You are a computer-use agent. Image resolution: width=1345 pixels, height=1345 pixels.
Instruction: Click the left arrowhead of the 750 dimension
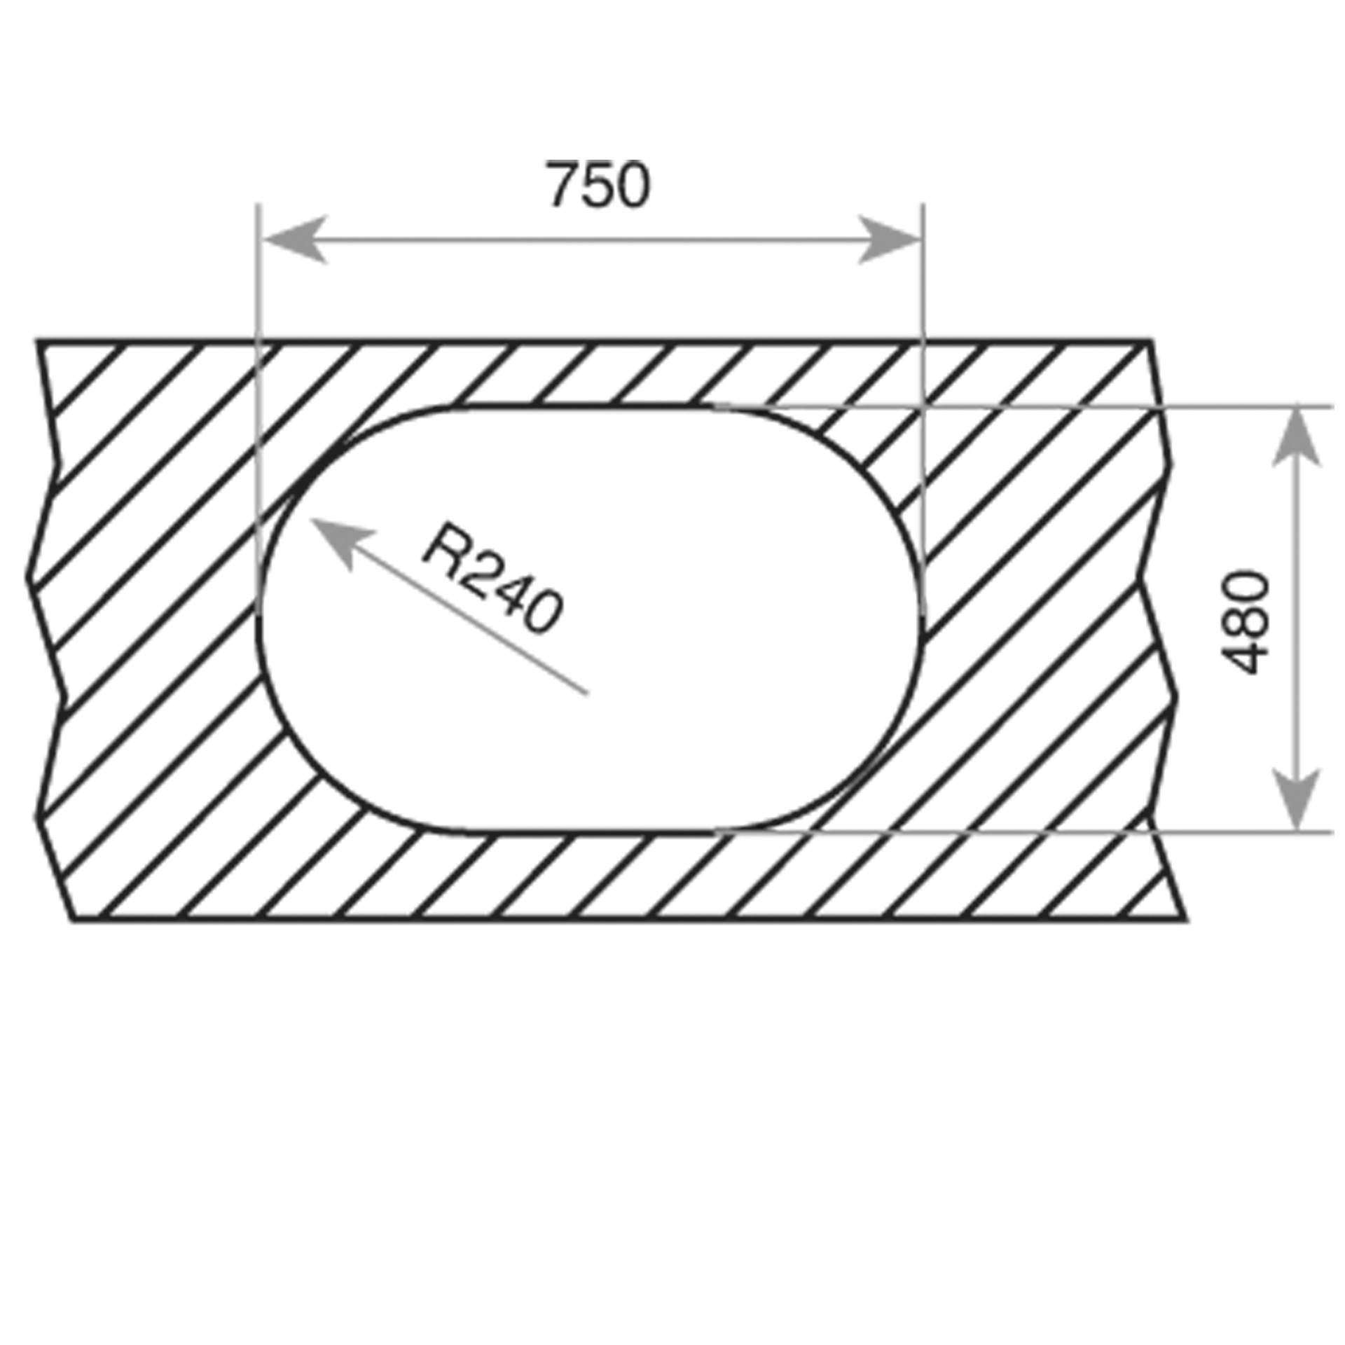tap(294, 240)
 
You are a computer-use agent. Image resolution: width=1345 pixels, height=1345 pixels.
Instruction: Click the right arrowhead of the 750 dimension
tap(888, 240)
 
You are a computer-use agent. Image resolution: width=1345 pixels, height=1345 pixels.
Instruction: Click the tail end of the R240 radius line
tap(586, 694)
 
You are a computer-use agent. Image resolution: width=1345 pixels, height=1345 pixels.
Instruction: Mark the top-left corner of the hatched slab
tap(39, 342)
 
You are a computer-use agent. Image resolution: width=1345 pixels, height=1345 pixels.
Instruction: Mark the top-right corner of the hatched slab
tap(1150, 342)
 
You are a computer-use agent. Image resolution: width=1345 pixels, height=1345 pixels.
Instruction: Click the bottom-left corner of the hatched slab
tap(74, 920)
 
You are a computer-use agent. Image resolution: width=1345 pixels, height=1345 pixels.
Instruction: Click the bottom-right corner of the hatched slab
tap(1185, 920)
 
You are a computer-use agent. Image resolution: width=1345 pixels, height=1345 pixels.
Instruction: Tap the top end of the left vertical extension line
tap(258, 205)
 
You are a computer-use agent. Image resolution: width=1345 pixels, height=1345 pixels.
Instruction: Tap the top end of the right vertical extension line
tap(923, 205)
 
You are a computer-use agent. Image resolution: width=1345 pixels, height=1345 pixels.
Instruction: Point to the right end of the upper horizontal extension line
tap(1331, 406)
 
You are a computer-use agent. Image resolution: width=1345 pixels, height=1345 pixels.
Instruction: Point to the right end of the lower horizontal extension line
tap(1331, 833)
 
